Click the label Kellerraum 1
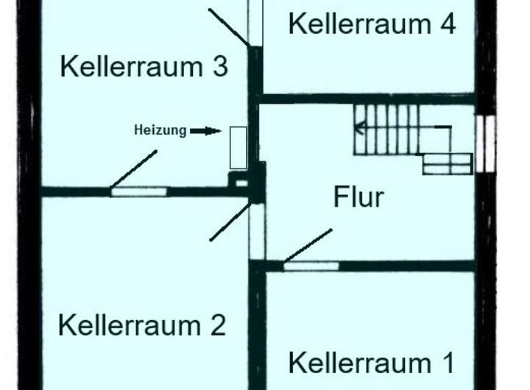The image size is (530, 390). pos(370,363)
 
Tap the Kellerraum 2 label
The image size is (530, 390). pos(141,325)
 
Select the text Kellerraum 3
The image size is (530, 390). pos(144,67)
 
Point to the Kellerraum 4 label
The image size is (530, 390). pos(372,24)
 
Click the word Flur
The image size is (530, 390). pos(358,196)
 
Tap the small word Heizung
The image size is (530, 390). pos(160,130)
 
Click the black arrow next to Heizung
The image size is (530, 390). pos(205,131)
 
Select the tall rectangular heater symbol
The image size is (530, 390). pos(238,147)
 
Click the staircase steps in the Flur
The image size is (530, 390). pos(387,129)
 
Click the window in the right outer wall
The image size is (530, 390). pos(485,143)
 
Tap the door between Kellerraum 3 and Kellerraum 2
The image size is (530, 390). pos(138,191)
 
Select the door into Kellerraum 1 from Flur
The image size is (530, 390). pos(311,266)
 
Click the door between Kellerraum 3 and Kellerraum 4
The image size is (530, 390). pos(255,22)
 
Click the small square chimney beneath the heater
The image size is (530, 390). pos(240,179)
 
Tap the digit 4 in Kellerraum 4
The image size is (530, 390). pos(447,24)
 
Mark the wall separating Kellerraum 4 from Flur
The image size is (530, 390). pos(368,98)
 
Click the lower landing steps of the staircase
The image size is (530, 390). pos(447,163)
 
